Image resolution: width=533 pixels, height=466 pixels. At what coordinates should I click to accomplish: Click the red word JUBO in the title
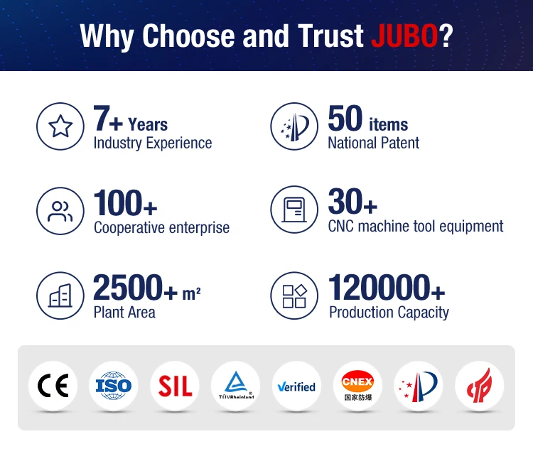click(404, 36)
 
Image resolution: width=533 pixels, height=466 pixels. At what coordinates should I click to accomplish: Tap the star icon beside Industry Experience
click(60, 126)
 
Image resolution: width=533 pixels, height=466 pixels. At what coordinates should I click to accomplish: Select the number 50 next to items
click(345, 118)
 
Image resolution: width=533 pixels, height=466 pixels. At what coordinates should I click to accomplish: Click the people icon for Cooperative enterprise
click(60, 211)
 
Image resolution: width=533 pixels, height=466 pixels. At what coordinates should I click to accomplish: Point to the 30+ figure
click(352, 202)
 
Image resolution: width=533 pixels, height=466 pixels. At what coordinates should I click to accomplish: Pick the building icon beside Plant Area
click(60, 296)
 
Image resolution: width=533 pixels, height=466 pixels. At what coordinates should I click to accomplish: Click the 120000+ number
click(387, 288)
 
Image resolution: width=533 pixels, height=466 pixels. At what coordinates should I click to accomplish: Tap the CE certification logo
click(53, 386)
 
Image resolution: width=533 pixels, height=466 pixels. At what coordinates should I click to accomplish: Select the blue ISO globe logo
click(114, 386)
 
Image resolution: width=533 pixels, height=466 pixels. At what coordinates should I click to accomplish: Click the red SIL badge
click(175, 386)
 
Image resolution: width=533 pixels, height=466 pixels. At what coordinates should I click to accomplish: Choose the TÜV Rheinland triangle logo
click(235, 386)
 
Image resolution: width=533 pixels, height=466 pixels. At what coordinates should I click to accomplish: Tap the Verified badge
click(296, 386)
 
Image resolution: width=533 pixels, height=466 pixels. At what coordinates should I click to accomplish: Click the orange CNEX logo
click(357, 386)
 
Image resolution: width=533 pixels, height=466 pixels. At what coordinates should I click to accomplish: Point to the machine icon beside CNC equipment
click(294, 210)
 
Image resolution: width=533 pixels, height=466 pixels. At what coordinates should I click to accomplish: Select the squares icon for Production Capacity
click(294, 296)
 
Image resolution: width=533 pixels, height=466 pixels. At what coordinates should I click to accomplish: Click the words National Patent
click(374, 143)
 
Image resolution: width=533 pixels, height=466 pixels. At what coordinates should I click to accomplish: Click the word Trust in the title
click(330, 36)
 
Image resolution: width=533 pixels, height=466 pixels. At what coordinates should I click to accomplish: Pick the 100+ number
click(125, 203)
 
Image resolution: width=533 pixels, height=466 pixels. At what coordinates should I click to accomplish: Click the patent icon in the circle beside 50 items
click(294, 126)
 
